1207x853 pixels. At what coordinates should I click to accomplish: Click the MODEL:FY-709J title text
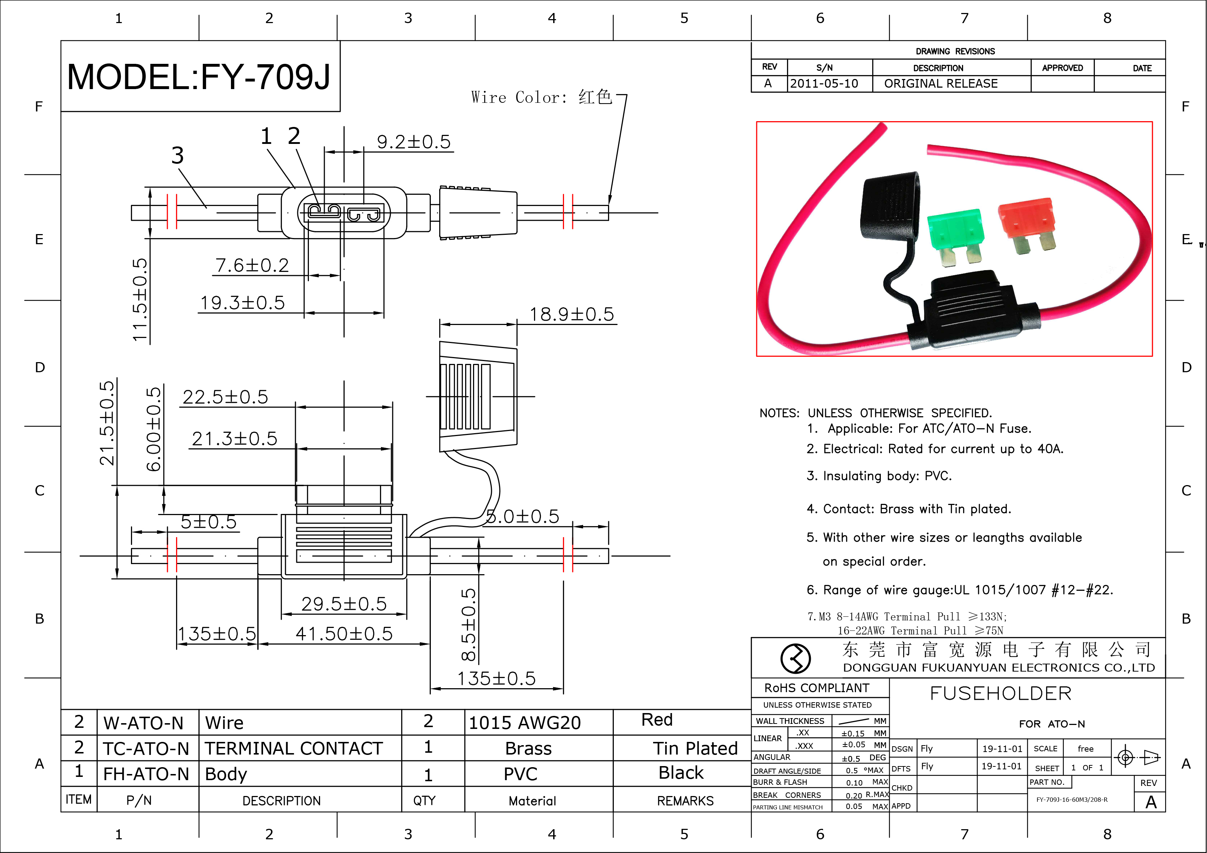[x=199, y=77]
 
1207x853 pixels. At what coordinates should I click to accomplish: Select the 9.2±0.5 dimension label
[x=414, y=142]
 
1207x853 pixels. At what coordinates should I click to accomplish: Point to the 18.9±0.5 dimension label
[x=572, y=314]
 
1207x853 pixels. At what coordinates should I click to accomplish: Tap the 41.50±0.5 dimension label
[x=344, y=634]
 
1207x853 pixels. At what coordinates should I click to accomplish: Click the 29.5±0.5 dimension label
[x=344, y=604]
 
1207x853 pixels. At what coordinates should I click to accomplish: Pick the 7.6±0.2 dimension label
[x=252, y=265]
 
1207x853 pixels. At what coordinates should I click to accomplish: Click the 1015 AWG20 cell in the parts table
[x=525, y=723]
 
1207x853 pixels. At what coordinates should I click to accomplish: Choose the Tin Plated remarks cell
[x=695, y=748]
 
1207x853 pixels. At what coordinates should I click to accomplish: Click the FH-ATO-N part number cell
[x=146, y=774]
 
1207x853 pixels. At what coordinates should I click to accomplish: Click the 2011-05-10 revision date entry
[x=824, y=84]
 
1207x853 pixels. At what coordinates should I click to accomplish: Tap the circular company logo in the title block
[x=795, y=658]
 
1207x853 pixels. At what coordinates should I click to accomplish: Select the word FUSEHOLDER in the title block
[x=1000, y=694]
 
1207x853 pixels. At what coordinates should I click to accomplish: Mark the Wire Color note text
[x=542, y=97]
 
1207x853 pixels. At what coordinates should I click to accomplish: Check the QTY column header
[x=424, y=800]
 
